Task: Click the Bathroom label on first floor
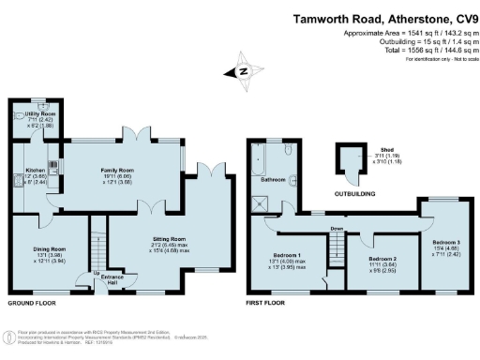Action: coord(273,178)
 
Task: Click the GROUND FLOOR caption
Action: coord(33,305)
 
